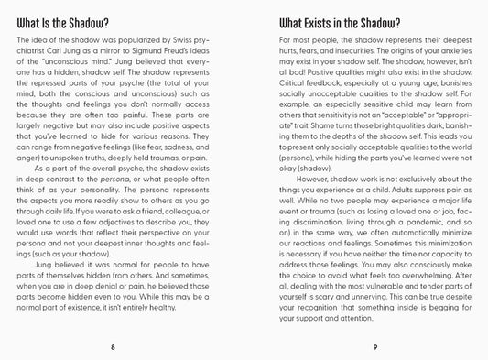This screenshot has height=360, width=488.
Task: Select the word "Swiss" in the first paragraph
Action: pos(183,43)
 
